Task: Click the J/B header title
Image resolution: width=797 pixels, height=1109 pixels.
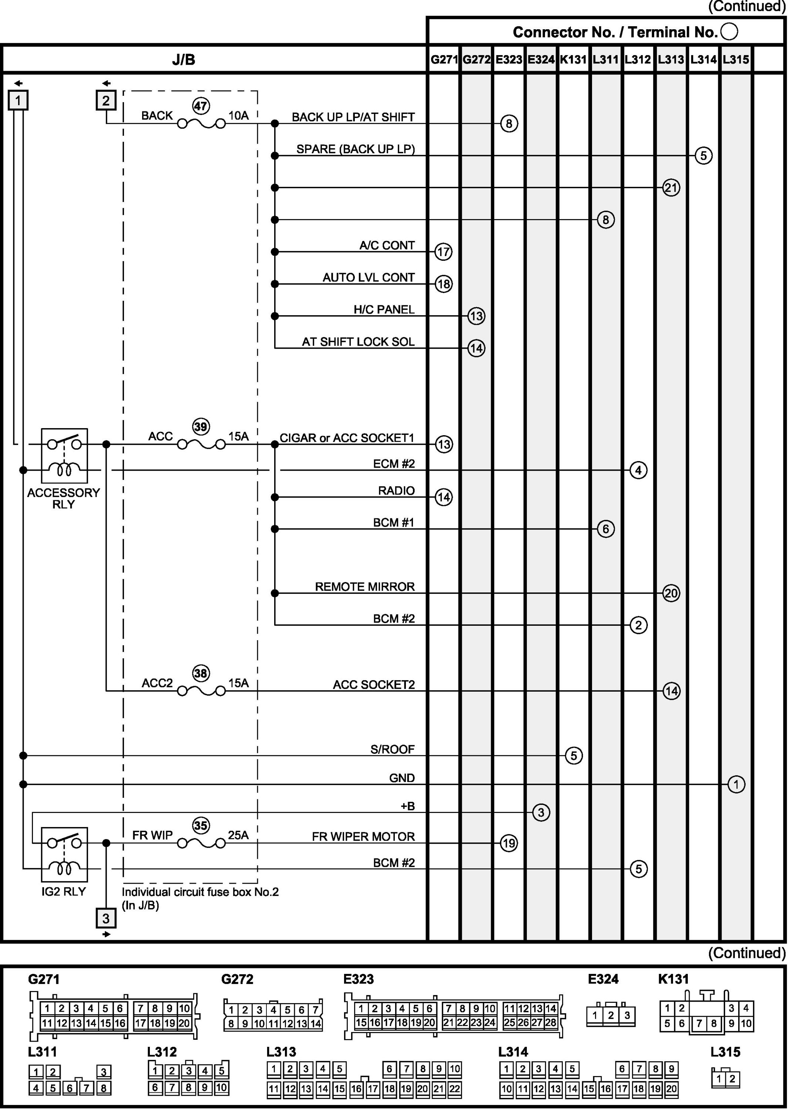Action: [x=184, y=60]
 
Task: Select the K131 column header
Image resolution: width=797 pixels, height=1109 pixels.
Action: [x=573, y=60]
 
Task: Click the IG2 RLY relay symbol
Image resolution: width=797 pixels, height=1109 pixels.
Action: [x=64, y=854]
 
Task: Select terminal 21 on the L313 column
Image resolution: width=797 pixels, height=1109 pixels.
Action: [x=671, y=188]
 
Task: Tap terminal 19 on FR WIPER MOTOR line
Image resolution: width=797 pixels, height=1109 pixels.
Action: [x=508, y=843]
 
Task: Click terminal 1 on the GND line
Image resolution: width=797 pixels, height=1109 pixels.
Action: [x=736, y=784]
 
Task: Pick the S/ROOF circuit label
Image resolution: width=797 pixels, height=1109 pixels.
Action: [x=392, y=749]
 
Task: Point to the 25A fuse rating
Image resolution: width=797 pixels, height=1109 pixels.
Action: [x=238, y=835]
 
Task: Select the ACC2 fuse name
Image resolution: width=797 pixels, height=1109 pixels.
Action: [x=157, y=683]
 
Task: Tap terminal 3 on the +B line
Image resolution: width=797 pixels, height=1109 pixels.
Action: [x=541, y=813]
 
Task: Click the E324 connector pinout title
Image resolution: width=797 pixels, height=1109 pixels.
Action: [x=603, y=979]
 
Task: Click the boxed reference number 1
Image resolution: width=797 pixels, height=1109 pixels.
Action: [x=18, y=101]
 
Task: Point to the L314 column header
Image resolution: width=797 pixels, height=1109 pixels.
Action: [x=703, y=60]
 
